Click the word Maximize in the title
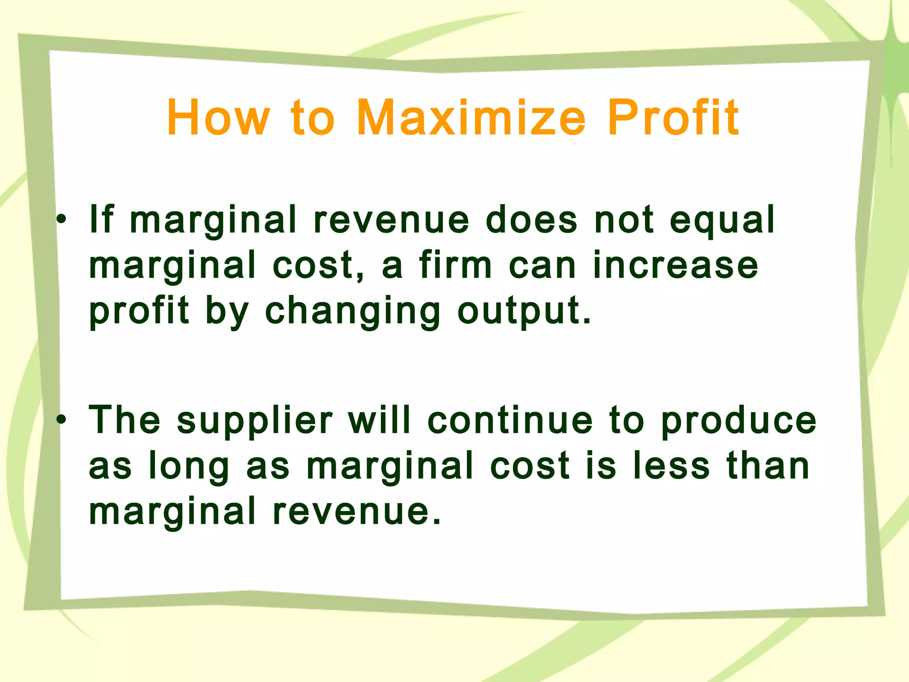point(470,117)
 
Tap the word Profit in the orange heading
point(673,117)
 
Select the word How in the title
point(218,117)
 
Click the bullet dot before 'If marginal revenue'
point(62,219)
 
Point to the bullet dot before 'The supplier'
point(62,419)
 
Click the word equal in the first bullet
point(722,220)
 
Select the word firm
point(455,265)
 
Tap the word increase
point(676,265)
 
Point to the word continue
point(510,420)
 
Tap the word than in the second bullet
point(768,466)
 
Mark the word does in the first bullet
point(531,219)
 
